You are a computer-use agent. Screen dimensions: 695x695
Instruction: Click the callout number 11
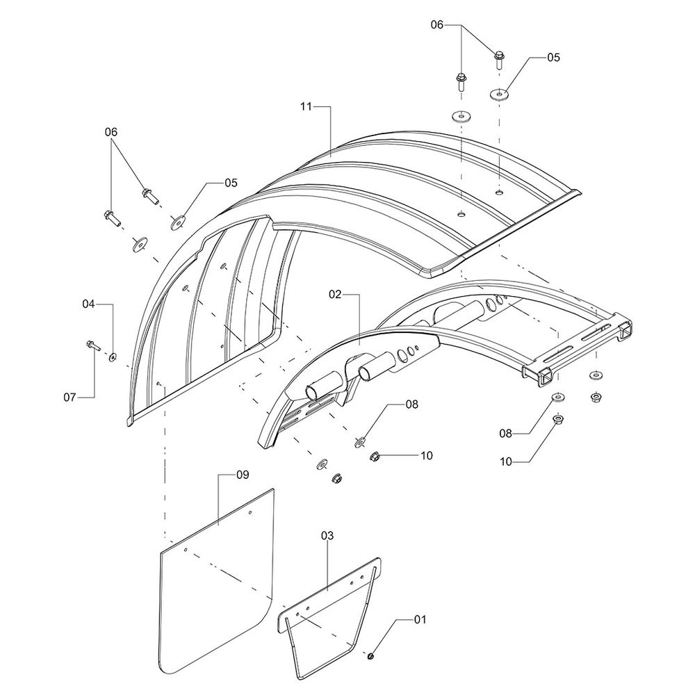[x=306, y=107]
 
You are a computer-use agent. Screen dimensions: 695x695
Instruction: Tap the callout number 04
[x=89, y=304]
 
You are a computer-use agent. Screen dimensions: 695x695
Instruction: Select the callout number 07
[x=69, y=397]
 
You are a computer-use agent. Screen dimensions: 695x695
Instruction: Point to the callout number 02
[x=335, y=294]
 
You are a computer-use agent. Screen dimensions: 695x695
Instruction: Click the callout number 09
[x=243, y=475]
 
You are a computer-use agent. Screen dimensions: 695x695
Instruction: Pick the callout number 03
[x=327, y=535]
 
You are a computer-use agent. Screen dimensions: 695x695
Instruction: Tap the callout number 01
[x=420, y=619]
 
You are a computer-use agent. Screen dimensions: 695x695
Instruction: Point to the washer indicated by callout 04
[x=113, y=357]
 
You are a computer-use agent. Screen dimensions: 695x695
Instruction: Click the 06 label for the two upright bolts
[x=437, y=25]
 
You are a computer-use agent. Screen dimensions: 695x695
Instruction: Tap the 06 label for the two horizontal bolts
[x=111, y=131]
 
